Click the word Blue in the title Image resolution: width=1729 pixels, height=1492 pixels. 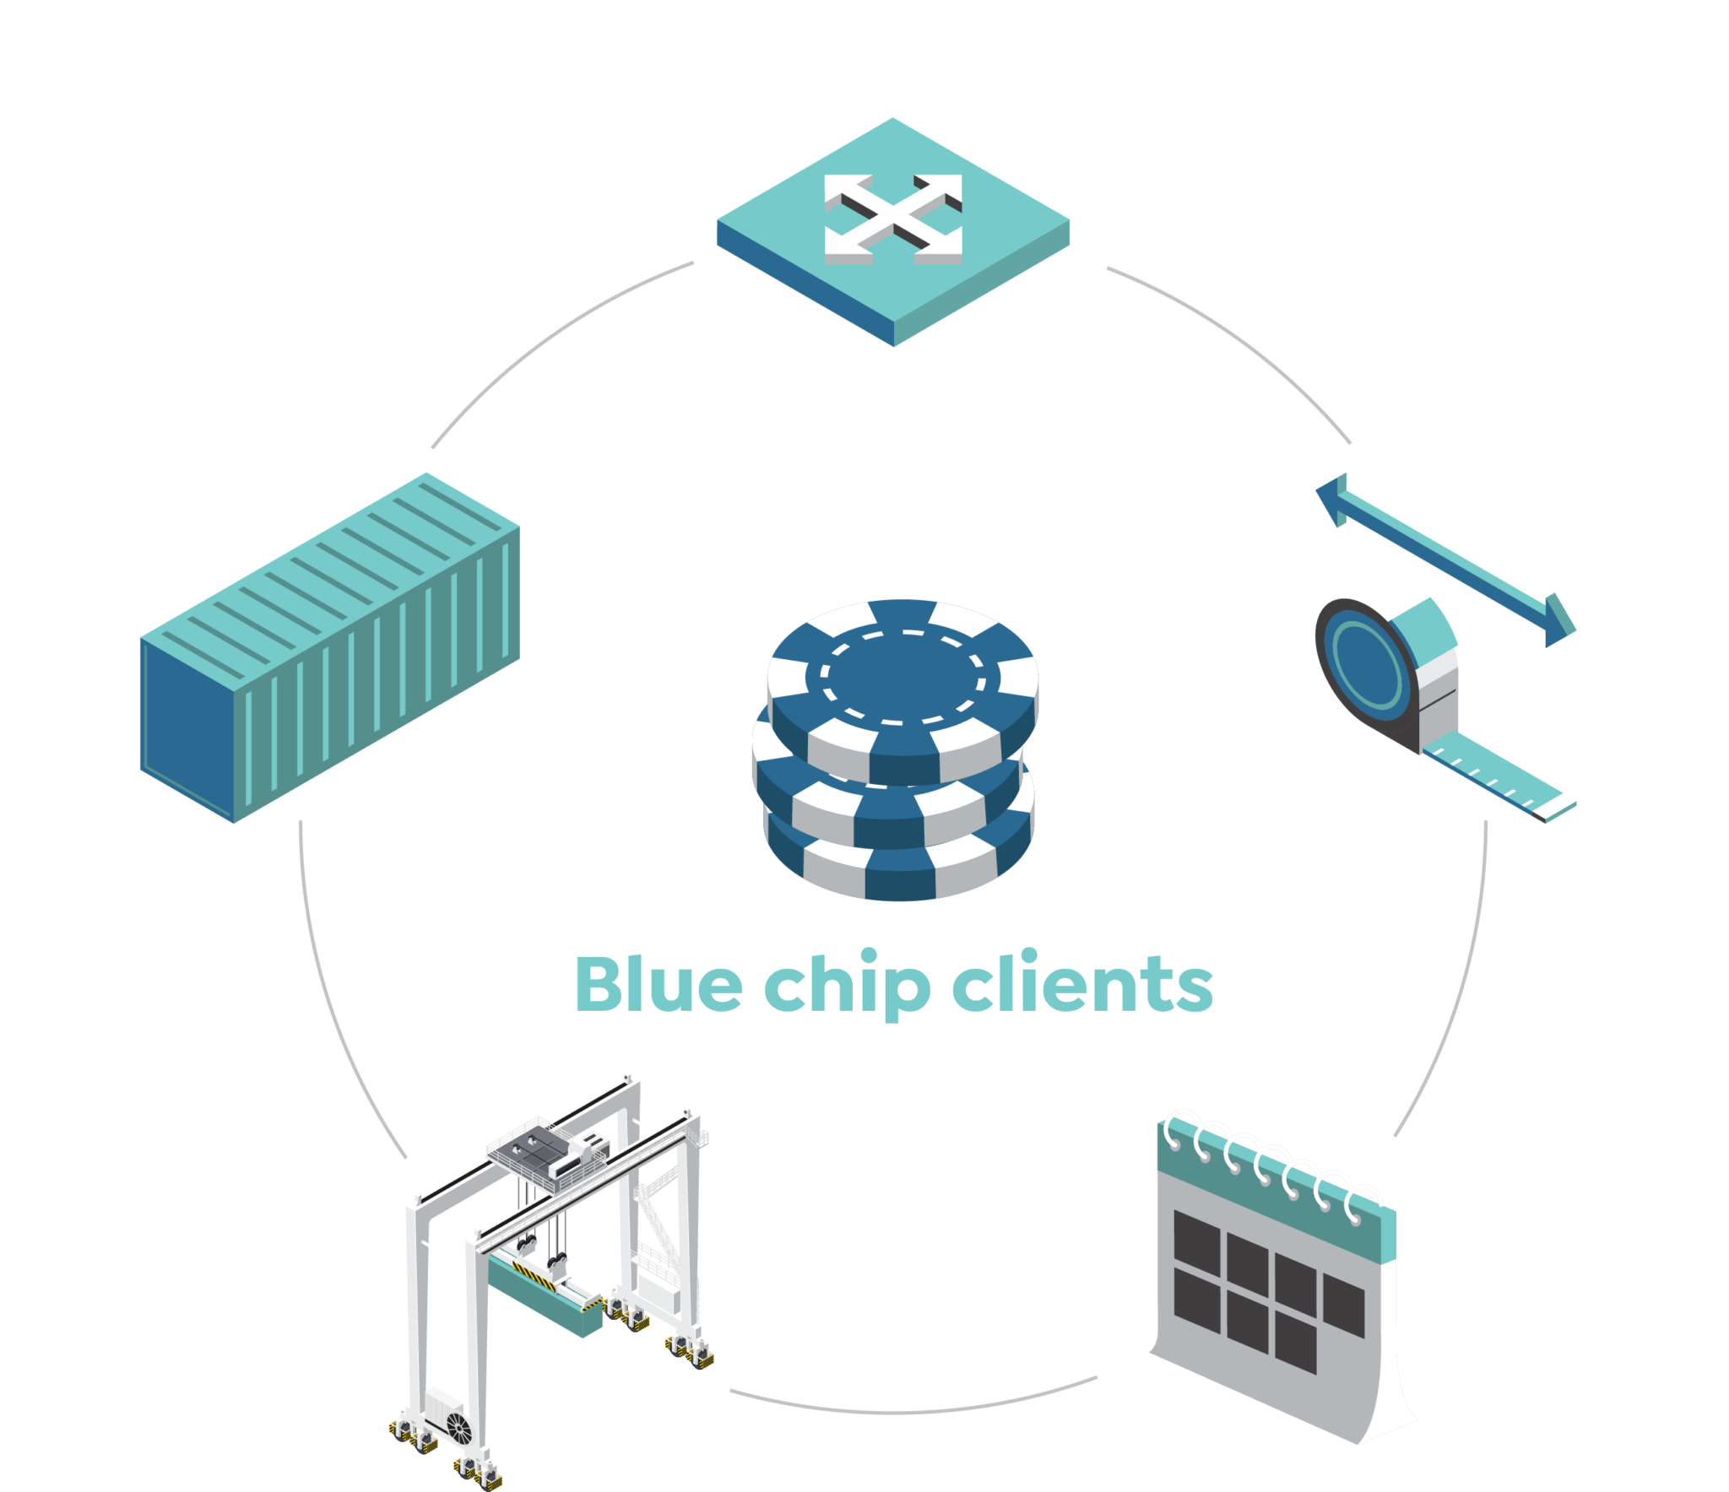click(659, 984)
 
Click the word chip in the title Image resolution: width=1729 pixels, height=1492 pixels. click(847, 984)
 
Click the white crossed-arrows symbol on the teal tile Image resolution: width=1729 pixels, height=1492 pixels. click(893, 219)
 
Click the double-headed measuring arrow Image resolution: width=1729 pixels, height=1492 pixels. click(1446, 560)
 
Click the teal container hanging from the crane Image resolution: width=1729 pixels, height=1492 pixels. click(545, 1293)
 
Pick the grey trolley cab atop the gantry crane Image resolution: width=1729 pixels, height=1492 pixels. click(549, 1151)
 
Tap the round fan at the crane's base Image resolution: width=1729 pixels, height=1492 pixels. click(459, 1428)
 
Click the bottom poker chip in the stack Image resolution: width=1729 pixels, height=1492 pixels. click(898, 852)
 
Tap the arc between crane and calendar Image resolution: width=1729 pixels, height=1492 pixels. click(913, 1412)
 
